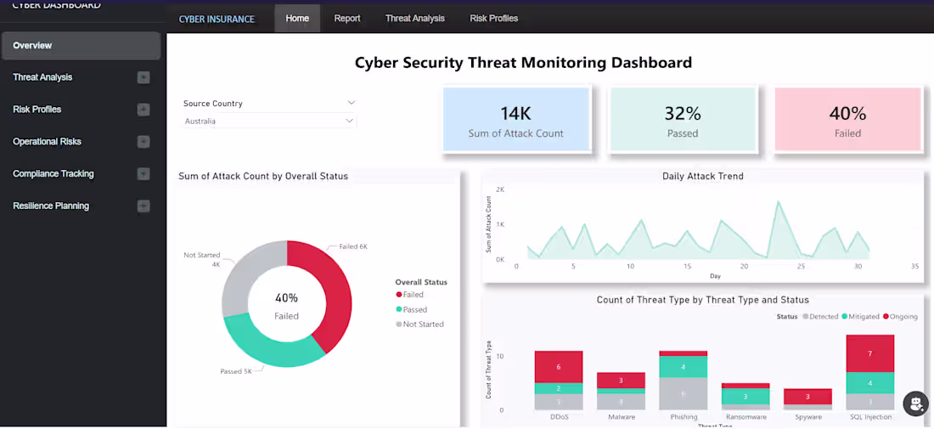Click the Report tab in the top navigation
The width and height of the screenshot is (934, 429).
(346, 19)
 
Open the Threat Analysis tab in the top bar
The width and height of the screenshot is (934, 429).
(414, 19)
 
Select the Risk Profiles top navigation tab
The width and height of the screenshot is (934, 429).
(493, 19)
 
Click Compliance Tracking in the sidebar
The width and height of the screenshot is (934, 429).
(53, 174)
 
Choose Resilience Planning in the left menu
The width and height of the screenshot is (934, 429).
(51, 206)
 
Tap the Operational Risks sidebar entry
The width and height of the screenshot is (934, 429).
(48, 142)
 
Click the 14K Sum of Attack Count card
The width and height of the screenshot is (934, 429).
(515, 121)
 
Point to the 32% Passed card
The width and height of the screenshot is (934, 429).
(682, 121)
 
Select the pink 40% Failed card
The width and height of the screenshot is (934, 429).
(847, 121)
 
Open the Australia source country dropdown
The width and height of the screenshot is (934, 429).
(269, 121)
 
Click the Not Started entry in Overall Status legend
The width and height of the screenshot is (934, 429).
(423, 325)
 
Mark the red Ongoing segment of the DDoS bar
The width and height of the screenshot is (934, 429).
(559, 367)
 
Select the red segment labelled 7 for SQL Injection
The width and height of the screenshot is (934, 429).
(870, 353)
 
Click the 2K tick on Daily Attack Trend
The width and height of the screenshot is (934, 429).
(500, 189)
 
